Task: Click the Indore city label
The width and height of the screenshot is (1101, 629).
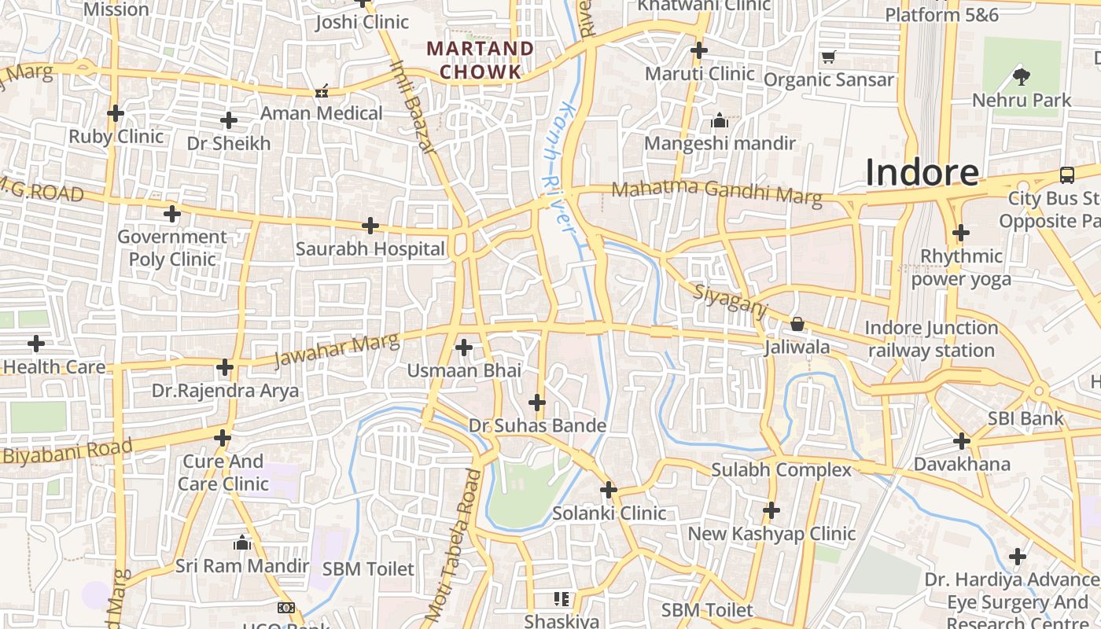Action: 922,172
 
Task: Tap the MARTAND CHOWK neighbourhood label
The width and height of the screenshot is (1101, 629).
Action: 480,60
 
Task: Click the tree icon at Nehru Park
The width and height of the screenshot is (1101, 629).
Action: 1022,76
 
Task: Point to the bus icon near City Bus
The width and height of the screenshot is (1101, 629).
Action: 1067,175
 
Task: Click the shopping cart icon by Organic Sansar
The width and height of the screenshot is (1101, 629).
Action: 827,57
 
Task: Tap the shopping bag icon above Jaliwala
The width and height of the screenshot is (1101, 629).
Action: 797,324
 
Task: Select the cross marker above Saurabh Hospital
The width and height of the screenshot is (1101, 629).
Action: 370,226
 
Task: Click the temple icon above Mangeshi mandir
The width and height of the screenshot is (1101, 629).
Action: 720,120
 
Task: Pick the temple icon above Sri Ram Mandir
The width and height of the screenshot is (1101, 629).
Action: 242,543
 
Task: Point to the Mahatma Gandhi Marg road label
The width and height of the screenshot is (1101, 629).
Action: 716,192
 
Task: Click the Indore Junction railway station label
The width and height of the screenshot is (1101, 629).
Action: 931,339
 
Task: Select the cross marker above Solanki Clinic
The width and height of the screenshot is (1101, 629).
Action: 609,491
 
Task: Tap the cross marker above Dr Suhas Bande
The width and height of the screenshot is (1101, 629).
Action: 537,403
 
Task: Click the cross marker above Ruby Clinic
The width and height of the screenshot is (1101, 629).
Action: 116,113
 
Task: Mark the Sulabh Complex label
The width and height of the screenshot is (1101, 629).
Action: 781,470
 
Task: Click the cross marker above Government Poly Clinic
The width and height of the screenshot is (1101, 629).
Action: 172,214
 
